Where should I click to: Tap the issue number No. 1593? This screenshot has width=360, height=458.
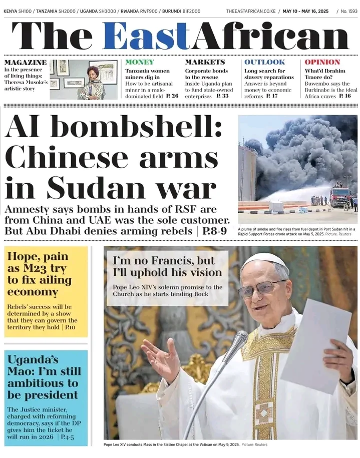348,11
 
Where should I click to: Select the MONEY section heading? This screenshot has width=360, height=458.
140,62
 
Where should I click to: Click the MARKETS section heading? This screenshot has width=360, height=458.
205,62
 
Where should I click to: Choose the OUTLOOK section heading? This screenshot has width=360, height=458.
264,62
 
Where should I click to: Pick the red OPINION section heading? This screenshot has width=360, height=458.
322,62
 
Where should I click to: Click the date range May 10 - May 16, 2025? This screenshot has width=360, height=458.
306,11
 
